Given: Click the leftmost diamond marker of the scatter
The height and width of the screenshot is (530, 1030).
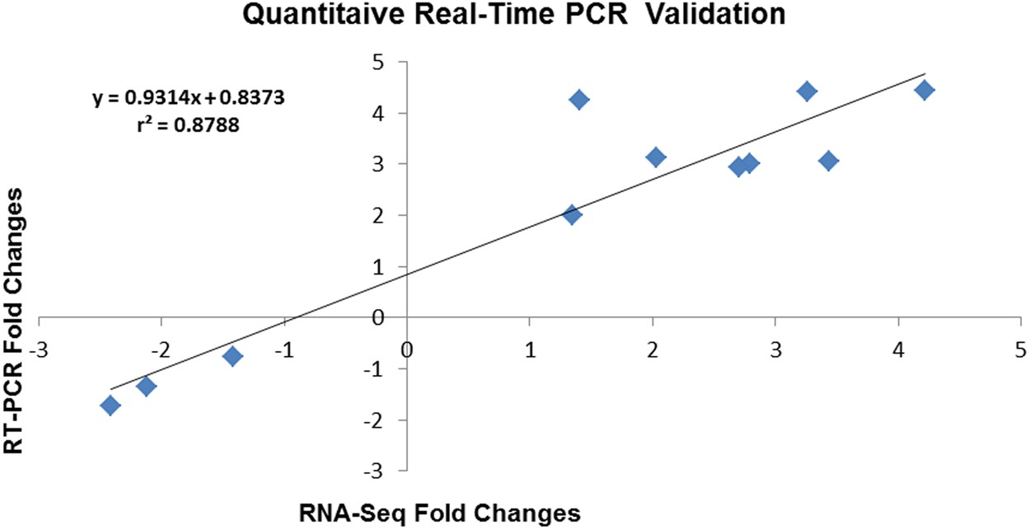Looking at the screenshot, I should (110, 405).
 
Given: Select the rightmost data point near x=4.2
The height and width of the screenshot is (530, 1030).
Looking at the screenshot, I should (925, 90).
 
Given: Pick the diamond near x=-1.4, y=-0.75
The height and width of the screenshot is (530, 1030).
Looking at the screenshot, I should (232, 356).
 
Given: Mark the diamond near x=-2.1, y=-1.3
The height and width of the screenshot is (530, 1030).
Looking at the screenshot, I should (147, 386).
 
